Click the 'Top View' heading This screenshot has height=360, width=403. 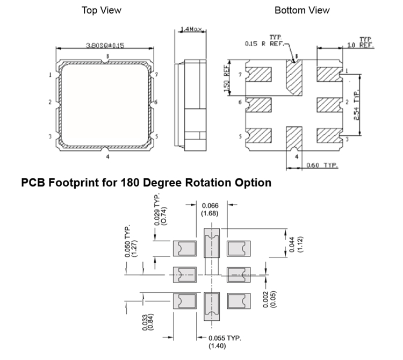tap(101, 10)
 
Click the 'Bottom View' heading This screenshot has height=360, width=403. tap(302, 10)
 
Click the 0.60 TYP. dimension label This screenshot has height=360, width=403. tap(321, 165)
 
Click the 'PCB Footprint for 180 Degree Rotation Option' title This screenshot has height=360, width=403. tap(146, 183)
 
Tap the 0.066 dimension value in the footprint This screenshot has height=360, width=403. tap(210, 206)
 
